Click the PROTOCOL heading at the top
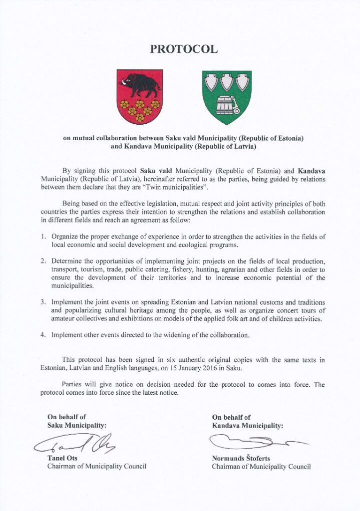(x=184, y=49)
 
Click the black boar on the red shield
(x=141, y=85)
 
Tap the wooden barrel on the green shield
(x=227, y=104)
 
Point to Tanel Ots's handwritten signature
(x=75, y=442)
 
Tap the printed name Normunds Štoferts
(x=241, y=458)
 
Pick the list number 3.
(x=43, y=302)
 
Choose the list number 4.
(x=43, y=335)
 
